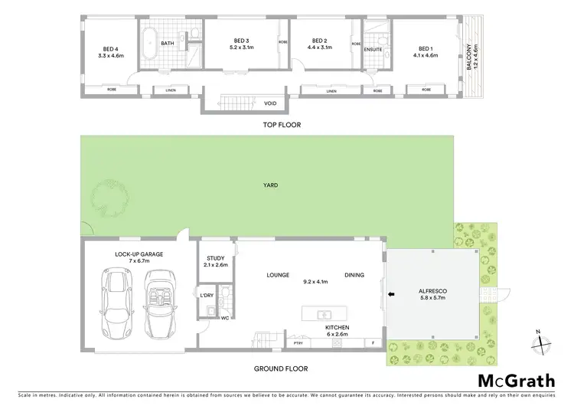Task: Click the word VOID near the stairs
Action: (x=270, y=102)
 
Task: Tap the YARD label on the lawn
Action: (x=271, y=185)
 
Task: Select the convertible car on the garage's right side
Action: (x=161, y=307)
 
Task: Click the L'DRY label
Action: (x=206, y=296)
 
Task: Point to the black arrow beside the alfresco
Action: (x=390, y=293)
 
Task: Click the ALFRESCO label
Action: (x=435, y=291)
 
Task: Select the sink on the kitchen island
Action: (x=325, y=314)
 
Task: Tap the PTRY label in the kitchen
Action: (x=298, y=342)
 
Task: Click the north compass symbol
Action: (x=540, y=343)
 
